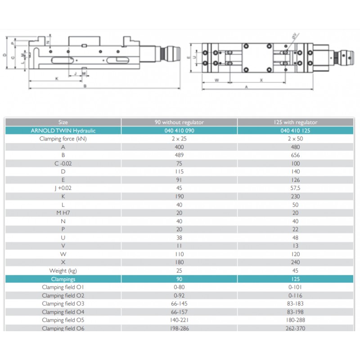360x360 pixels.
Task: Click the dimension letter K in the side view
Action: click(x=57, y=78)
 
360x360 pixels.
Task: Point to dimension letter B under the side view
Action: click(x=85, y=87)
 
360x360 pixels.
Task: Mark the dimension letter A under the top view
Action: click(x=247, y=87)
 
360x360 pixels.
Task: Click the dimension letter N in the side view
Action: click(x=48, y=42)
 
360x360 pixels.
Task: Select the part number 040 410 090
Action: click(x=179, y=130)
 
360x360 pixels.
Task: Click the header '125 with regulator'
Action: click(x=295, y=122)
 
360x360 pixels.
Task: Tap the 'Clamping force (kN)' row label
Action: click(x=63, y=139)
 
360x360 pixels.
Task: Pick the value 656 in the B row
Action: click(x=295, y=155)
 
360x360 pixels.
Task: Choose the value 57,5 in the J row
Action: click(x=295, y=188)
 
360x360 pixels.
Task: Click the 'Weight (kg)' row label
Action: click(x=63, y=270)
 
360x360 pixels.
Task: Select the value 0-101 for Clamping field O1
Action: click(x=295, y=287)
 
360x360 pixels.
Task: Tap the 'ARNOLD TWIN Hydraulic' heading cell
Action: click(x=63, y=130)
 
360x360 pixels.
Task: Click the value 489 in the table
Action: click(x=179, y=155)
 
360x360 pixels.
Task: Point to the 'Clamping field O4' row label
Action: click(x=63, y=312)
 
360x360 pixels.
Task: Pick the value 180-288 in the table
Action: click(x=295, y=320)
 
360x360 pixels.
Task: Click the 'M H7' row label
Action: click(x=63, y=213)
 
